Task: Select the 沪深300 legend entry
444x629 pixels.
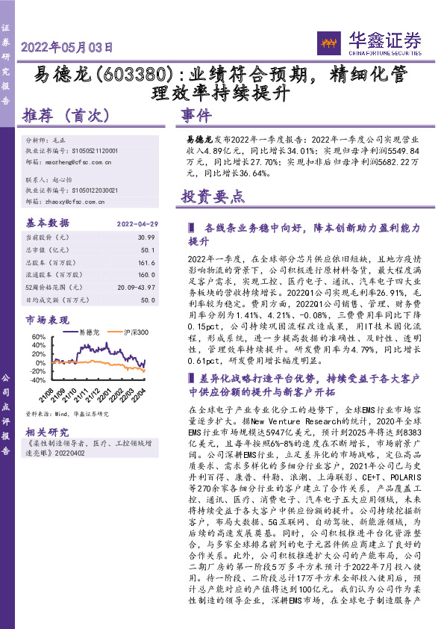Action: [x=135, y=332]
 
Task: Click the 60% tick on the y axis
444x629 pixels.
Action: [x=37, y=337]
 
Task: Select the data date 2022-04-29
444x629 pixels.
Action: [x=136, y=223]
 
